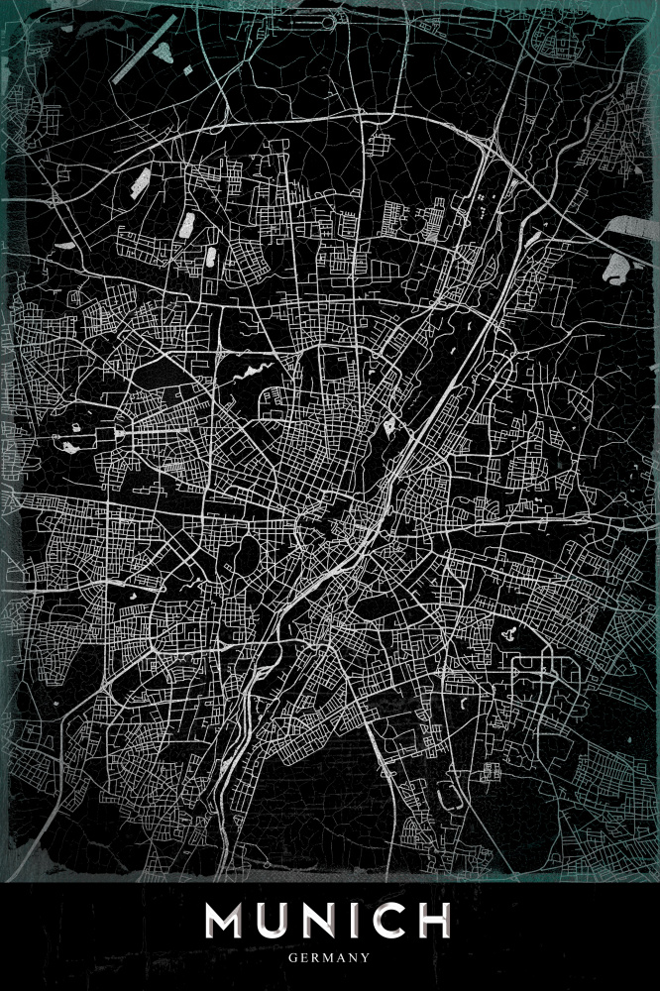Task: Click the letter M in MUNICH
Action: tap(229, 921)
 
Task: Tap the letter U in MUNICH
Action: tap(278, 921)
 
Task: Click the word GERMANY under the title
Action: tap(330, 958)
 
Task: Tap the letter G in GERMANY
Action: tap(293, 958)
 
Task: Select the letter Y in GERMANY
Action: tap(366, 958)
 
